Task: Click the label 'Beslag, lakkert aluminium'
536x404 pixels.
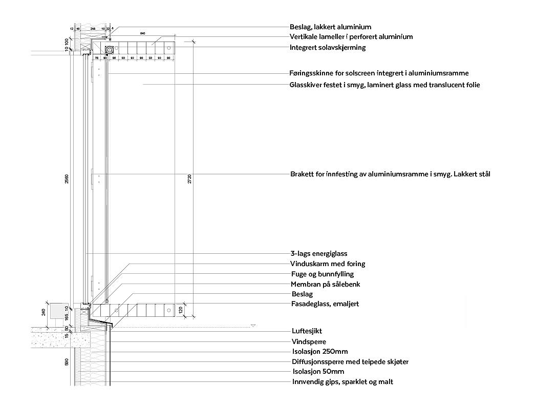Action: click(x=330, y=27)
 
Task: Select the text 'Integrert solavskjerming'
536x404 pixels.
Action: click(x=328, y=47)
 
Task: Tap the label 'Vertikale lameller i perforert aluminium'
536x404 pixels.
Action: click(x=351, y=37)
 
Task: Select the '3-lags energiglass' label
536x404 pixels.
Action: click(x=318, y=253)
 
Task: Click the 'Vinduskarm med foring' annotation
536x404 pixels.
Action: click(x=328, y=264)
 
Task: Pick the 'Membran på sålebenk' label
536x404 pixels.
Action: click(x=325, y=284)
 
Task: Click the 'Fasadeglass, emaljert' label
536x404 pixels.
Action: click(x=325, y=304)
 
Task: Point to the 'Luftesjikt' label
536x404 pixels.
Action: click(x=307, y=331)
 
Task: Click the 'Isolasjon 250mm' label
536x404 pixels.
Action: click(x=319, y=352)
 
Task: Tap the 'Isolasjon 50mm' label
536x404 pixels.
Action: click(x=318, y=372)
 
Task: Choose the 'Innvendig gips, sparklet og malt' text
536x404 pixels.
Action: click(x=342, y=382)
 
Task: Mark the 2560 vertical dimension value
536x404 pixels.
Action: click(x=67, y=179)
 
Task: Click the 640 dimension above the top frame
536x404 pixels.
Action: click(x=142, y=33)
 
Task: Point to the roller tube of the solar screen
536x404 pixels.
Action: click(x=110, y=50)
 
